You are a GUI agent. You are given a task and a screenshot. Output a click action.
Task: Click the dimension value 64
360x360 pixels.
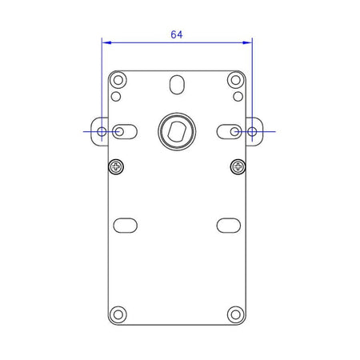(x=177, y=34)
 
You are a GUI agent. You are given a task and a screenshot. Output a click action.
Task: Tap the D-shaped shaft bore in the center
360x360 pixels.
(x=177, y=131)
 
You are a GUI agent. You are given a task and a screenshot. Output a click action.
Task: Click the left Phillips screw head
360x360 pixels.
(x=116, y=167)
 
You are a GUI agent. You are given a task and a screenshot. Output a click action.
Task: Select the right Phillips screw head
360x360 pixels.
(x=238, y=167)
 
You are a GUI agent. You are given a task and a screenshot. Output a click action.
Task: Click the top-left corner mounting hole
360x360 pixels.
(x=118, y=80)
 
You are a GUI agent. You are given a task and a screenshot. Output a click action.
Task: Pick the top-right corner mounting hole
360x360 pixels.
(x=236, y=80)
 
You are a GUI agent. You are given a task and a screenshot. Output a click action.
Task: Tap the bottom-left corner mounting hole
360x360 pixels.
(x=118, y=314)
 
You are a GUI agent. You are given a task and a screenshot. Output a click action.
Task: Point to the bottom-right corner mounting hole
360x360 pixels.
(x=236, y=314)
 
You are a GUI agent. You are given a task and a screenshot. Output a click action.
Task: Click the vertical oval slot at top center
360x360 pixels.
(x=177, y=85)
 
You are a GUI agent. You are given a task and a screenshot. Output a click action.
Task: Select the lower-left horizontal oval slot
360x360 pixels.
(x=126, y=226)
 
